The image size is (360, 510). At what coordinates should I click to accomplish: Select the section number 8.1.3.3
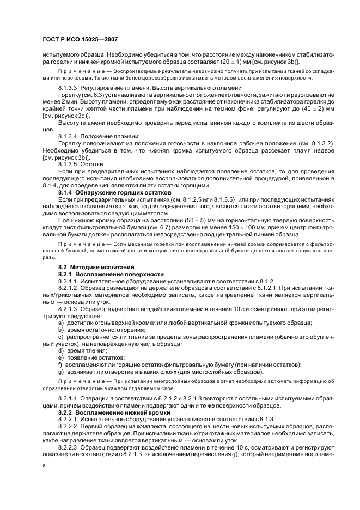click(68, 87)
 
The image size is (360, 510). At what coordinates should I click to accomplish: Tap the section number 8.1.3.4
click(68, 135)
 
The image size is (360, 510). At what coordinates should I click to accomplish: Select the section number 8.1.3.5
click(68, 163)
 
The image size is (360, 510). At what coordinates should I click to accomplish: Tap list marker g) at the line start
click(61, 372)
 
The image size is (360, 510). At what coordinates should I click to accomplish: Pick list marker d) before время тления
click(61, 350)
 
